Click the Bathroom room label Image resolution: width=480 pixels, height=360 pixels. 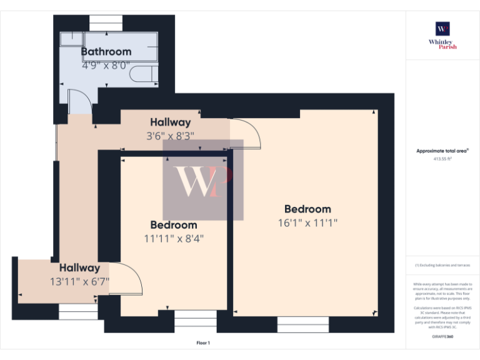coord(106,52)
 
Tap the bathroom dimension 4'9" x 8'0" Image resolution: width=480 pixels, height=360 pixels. coord(106,64)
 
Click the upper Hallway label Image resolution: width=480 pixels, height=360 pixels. coord(170,122)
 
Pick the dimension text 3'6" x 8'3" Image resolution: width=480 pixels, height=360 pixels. coord(170,135)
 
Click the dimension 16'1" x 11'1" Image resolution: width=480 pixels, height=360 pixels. coord(307,222)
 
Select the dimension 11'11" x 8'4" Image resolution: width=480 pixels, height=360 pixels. coord(174,237)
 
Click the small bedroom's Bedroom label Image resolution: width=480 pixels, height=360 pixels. coord(174,225)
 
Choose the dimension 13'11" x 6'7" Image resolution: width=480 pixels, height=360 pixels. coord(80,281)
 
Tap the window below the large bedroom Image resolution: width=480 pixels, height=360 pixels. coord(302,324)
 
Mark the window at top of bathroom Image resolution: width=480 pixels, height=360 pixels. coord(106,22)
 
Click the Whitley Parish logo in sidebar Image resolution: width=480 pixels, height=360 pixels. coord(442,34)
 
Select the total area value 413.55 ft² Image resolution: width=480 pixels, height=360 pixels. coord(442,159)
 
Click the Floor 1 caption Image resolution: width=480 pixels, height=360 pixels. coord(203,343)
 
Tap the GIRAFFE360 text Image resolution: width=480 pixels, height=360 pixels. coord(442,337)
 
